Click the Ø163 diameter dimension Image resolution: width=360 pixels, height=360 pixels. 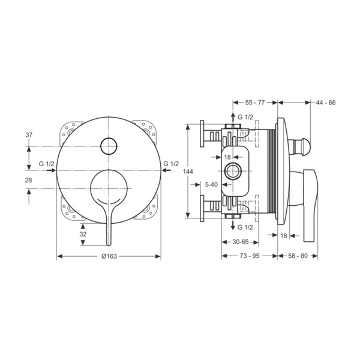click(109, 256)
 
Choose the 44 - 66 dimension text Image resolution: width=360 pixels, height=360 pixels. click(325, 103)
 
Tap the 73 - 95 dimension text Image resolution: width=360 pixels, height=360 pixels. click(250, 256)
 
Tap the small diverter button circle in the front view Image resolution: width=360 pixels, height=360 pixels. click(109, 145)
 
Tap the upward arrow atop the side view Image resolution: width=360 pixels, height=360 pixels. click(232, 116)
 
